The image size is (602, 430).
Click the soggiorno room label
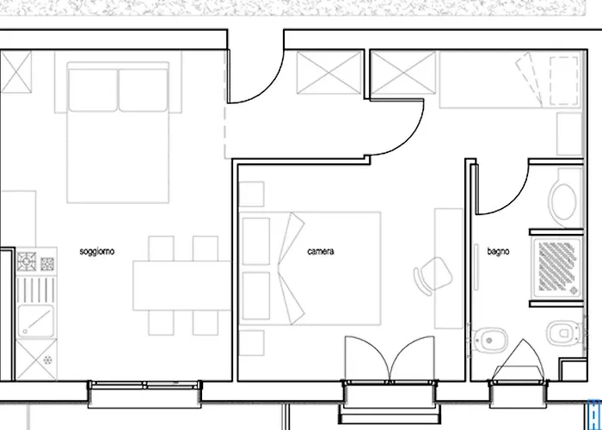(96, 252)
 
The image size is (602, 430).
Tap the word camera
(321, 251)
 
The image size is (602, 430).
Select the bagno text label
(498, 252)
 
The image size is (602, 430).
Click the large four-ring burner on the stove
(27, 261)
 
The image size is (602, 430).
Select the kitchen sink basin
(36, 322)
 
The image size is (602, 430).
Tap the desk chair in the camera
(433, 276)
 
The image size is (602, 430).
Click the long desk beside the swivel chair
(448, 268)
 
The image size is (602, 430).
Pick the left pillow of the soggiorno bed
(93, 90)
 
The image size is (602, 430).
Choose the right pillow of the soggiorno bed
(143, 90)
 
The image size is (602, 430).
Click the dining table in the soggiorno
(181, 286)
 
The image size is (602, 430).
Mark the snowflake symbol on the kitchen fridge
(47, 360)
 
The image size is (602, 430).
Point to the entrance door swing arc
(265, 89)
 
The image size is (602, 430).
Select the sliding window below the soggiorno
(144, 385)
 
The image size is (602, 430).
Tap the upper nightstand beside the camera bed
(251, 193)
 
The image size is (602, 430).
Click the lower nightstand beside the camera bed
(251, 343)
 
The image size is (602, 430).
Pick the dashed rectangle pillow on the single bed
(564, 81)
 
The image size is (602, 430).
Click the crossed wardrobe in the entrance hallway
(329, 72)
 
